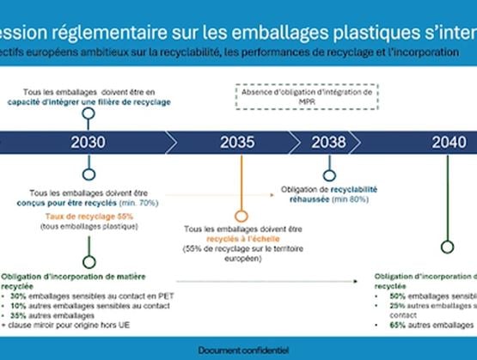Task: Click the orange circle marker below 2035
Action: pos(242,216)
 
